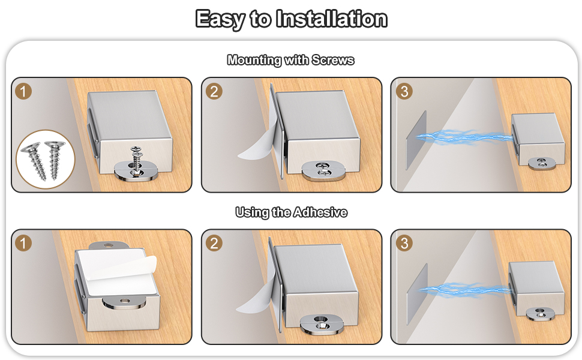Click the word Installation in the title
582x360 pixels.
coord(331,19)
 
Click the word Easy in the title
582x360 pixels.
coord(220,19)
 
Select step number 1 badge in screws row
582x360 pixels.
coord(23,92)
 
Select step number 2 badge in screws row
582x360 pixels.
coord(214,92)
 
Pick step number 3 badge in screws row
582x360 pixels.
coord(404,92)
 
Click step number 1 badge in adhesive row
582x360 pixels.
coord(23,244)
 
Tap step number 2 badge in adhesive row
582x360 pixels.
coord(214,244)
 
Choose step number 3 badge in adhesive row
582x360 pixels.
coord(404,244)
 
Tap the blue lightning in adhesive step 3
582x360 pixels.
coord(465,291)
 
